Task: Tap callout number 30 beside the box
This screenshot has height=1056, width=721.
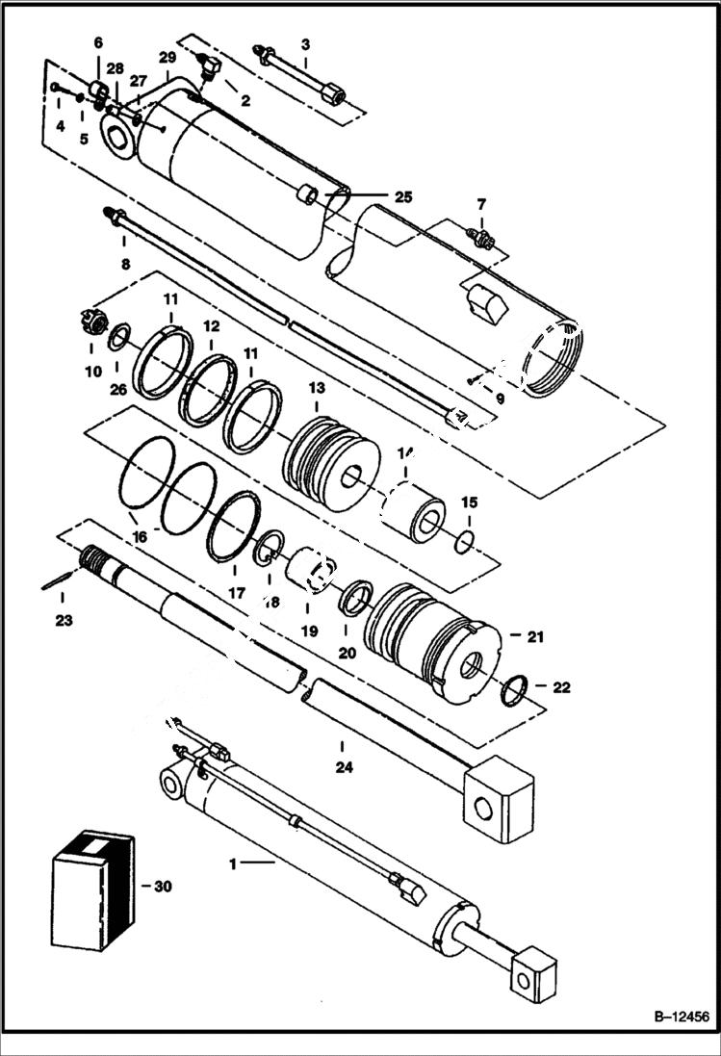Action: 163,887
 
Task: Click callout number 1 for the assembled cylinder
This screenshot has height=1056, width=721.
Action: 232,864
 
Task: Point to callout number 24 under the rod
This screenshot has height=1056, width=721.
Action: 344,767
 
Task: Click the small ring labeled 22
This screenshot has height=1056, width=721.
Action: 515,689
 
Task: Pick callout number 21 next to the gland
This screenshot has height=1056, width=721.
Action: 536,635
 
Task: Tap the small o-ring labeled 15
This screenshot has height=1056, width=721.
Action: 463,542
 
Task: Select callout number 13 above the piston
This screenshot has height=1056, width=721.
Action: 317,386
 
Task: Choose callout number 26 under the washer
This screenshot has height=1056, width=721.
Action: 117,389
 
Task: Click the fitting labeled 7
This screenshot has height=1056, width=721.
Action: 479,236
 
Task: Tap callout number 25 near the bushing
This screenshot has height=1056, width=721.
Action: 402,196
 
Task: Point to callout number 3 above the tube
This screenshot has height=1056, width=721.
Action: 305,43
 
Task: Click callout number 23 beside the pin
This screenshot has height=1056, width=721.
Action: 64,621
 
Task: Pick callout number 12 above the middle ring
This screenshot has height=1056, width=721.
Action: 211,325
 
